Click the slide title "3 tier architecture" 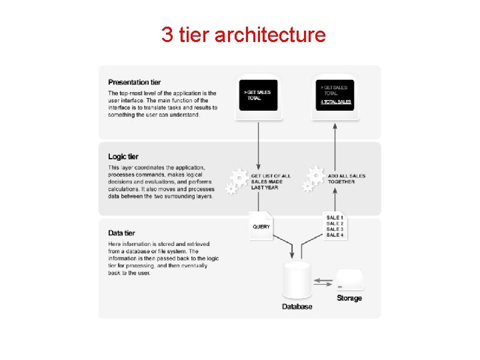click(x=243, y=34)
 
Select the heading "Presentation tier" click(x=135, y=82)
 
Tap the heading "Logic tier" click(x=123, y=157)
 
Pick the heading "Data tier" click(x=121, y=233)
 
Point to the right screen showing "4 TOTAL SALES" click(x=335, y=95)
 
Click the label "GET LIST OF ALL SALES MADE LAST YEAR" click(x=271, y=182)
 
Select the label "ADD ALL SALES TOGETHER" click(x=346, y=179)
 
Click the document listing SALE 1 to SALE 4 click(x=335, y=225)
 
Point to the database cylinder click(x=297, y=281)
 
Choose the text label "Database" click(x=297, y=307)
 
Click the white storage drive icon click(x=349, y=280)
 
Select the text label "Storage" click(x=349, y=298)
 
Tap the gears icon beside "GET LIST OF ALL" click(x=236, y=181)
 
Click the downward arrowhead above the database click(x=291, y=255)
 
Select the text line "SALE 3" click(x=335, y=229)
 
